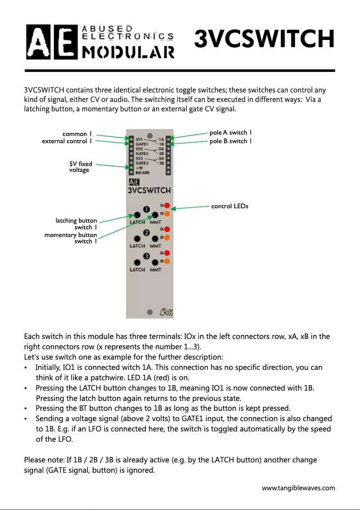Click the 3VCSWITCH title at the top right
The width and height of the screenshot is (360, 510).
264,40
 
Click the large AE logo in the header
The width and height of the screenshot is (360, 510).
51,42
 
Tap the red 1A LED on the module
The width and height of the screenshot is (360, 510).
166,205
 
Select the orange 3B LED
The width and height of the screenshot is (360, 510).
166,261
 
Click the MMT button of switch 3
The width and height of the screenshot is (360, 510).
155,263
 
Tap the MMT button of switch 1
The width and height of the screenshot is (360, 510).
155,215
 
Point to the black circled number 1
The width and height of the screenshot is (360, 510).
146,209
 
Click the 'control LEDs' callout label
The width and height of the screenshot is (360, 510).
229,207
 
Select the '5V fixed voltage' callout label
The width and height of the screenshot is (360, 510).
80,167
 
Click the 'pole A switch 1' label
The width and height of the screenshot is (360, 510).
230,132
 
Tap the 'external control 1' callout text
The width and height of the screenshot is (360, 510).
67,141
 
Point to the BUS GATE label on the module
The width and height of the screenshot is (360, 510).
143,172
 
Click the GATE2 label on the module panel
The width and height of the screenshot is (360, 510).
142,154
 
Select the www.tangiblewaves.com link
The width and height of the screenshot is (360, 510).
298,488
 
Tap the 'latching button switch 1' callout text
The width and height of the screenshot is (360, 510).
76,224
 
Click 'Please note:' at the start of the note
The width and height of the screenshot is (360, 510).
41,460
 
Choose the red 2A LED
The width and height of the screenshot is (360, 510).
166,229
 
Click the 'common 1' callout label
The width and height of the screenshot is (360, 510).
77,134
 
